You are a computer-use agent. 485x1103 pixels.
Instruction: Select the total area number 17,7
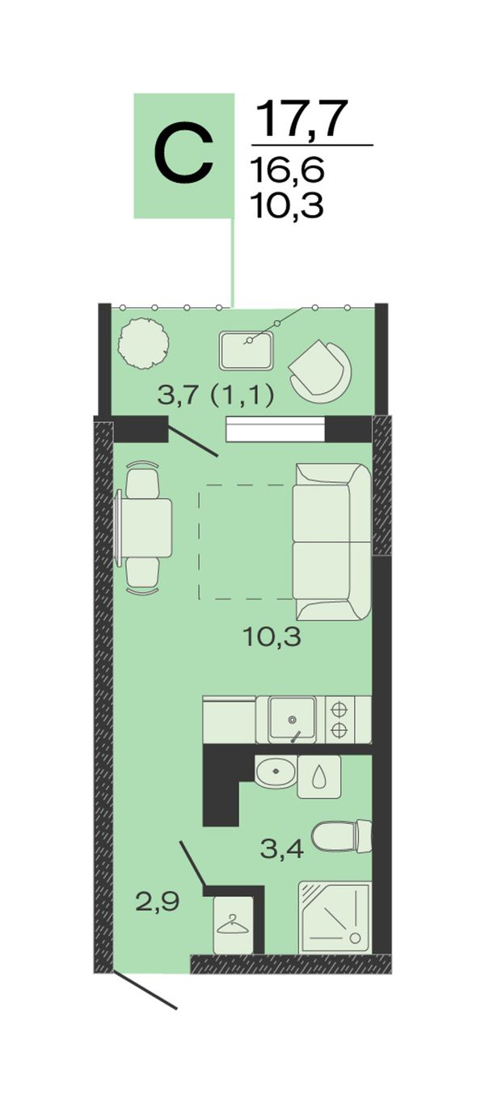click(x=302, y=118)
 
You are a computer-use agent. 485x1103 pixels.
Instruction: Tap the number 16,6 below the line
click(x=288, y=169)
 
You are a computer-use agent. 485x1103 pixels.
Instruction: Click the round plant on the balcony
click(x=143, y=344)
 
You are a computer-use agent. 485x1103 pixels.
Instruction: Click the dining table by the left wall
click(x=143, y=527)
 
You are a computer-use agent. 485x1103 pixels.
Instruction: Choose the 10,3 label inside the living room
click(x=272, y=638)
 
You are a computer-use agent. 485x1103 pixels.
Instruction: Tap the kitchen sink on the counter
click(x=292, y=718)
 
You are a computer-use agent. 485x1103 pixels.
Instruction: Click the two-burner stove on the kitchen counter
click(x=339, y=719)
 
